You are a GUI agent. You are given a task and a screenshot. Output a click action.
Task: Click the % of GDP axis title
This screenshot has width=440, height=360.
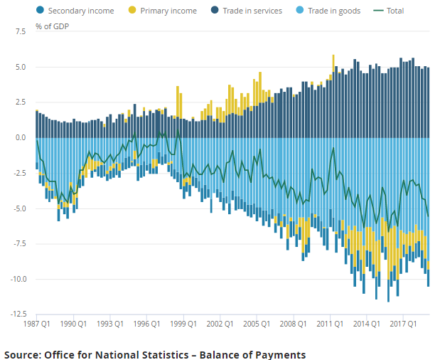[52, 26]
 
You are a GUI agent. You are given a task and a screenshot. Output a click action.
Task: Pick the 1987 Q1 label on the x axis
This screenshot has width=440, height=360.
[37, 324]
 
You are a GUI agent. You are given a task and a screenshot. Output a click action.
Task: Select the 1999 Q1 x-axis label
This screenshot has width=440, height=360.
[184, 324]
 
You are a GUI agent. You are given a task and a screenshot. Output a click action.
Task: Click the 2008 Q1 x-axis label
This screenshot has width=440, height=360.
[294, 324]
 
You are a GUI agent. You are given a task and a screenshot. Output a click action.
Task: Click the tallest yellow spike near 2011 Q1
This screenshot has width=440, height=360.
[333, 60]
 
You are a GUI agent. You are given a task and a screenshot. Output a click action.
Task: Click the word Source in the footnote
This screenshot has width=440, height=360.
[23, 354]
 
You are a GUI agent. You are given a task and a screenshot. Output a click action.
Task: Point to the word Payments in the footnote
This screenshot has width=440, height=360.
[279, 354]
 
